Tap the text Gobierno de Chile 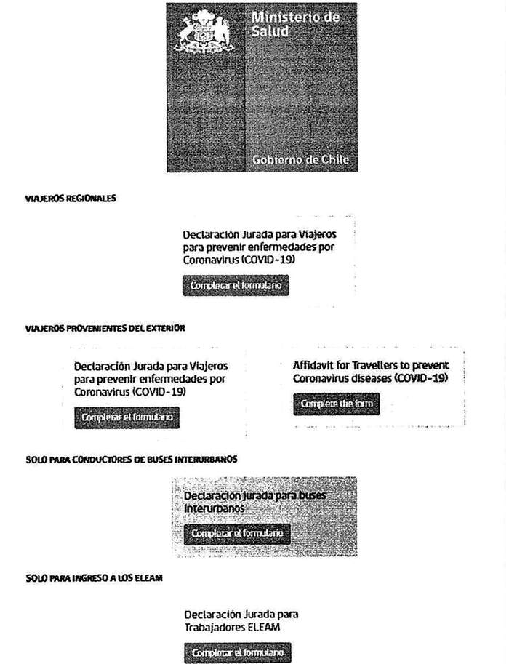300,159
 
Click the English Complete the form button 337,404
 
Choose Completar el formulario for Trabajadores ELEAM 236,653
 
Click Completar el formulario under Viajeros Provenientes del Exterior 127,417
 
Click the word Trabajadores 217,626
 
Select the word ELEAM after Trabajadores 266,626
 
